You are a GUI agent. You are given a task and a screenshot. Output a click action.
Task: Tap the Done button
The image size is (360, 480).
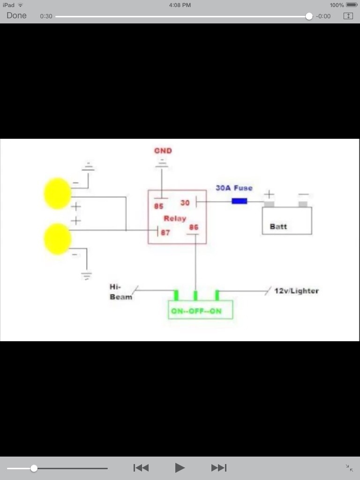[16, 15]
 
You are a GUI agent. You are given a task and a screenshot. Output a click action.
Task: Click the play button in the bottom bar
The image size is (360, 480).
[180, 467]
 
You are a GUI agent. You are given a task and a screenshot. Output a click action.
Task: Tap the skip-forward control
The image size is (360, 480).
[219, 467]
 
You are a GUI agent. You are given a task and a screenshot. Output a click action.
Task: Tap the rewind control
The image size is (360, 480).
[141, 467]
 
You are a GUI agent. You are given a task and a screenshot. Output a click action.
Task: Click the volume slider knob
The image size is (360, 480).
[34, 468]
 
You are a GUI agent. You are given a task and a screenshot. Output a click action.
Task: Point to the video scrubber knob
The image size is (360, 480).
[309, 16]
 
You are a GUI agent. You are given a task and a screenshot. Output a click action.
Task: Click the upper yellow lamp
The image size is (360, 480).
[57, 193]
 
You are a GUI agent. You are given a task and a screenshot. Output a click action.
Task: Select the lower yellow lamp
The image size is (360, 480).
[57, 239]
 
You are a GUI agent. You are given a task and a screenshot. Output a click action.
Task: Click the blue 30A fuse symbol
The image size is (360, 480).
[240, 201]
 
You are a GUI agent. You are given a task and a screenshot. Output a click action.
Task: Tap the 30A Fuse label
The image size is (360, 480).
[234, 188]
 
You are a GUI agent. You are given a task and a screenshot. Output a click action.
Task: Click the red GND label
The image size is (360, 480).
[163, 151]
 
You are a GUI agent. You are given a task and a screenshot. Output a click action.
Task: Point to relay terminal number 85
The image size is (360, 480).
[158, 206]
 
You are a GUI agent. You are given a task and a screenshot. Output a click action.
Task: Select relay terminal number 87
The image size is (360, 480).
[165, 232]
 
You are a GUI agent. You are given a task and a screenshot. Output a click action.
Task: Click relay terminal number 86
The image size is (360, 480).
[194, 227]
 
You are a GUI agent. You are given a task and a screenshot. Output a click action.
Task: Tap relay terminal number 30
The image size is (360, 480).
[185, 203]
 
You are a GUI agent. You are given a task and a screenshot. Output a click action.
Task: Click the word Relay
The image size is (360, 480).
[175, 218]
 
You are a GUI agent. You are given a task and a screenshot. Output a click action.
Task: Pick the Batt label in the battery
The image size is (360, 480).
[278, 226]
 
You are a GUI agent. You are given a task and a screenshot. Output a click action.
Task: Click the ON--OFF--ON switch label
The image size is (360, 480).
[196, 311]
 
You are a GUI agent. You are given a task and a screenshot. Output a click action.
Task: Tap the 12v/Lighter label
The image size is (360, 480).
[296, 291]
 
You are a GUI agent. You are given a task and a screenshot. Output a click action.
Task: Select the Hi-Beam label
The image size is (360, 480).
[120, 292]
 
